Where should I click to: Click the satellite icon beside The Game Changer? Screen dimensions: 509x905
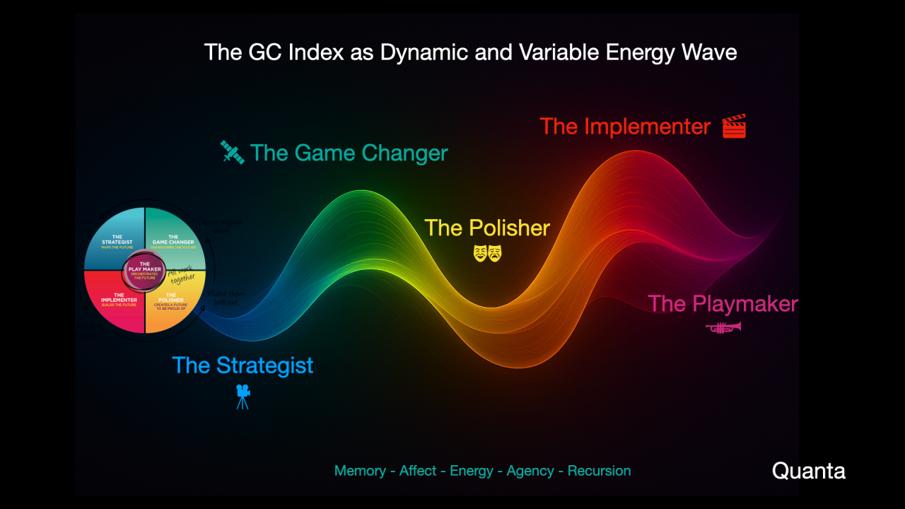click(x=233, y=153)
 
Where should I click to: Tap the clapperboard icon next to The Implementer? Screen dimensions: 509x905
click(x=734, y=127)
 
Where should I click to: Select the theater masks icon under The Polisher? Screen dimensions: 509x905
click(x=487, y=252)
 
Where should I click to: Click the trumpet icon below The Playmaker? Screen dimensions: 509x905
click(x=723, y=327)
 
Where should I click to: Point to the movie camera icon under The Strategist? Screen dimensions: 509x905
click(x=243, y=397)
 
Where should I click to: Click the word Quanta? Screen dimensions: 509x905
click(x=808, y=471)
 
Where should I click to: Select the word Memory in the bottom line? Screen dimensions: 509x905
click(x=360, y=471)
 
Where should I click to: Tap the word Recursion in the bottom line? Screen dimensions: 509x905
click(x=599, y=471)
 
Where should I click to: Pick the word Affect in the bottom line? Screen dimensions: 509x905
click(x=418, y=471)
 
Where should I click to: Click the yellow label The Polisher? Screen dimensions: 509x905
click(x=487, y=228)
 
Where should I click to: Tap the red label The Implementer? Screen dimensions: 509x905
click(x=625, y=127)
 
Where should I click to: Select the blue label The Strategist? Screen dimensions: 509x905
click(x=243, y=365)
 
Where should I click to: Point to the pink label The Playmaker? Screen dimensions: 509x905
click(x=723, y=304)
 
